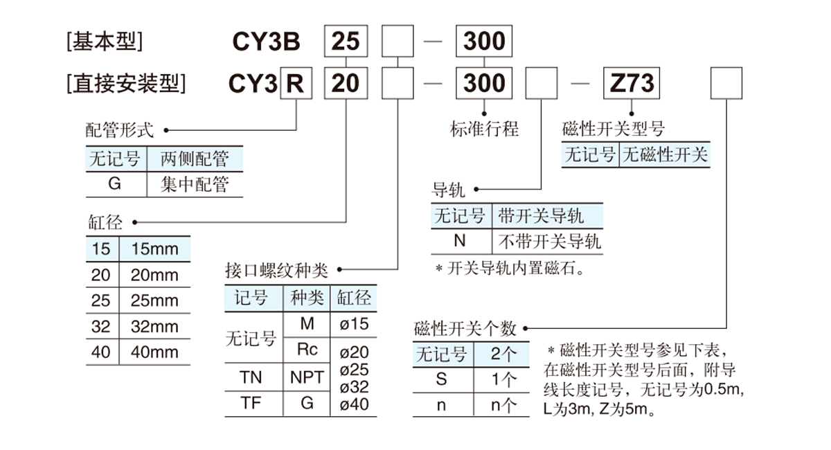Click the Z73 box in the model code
pos(633,84)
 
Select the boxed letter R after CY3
pos(296,84)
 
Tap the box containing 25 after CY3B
pos(346,42)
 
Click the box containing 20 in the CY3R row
pos(346,84)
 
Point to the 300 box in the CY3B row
pos(484,42)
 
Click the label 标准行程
pos(484,129)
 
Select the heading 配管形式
pos(119,129)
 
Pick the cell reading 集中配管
pos(195,185)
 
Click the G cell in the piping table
pos(115,185)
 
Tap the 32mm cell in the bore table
pos(154,326)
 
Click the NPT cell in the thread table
pos(307,377)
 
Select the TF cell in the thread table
pos(251,403)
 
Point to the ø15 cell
pos(354,323)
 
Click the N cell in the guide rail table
pos(460,241)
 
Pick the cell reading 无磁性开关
pos(665,154)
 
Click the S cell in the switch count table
pos(442,379)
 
